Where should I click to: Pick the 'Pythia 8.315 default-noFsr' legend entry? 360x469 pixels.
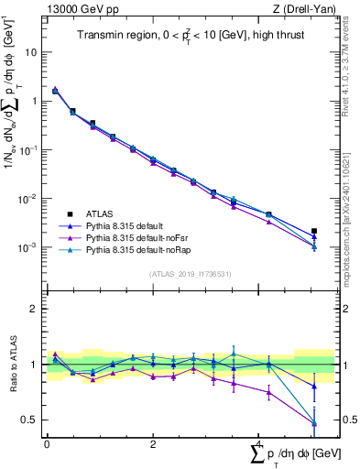143,236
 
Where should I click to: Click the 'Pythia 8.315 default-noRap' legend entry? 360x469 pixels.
144,248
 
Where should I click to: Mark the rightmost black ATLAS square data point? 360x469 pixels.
314,231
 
